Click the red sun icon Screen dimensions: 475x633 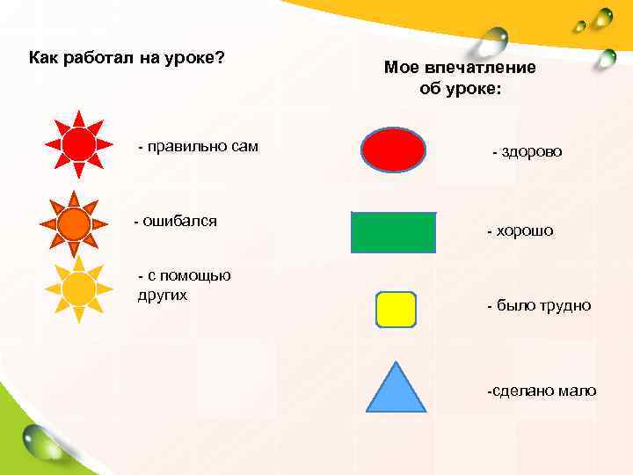click(78, 144)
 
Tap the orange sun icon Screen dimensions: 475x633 click(75, 223)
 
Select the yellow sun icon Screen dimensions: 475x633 click(79, 287)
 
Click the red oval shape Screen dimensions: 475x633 click(394, 149)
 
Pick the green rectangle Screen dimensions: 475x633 click(393, 233)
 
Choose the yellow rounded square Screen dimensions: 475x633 click(395, 310)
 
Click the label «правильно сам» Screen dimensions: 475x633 click(203, 146)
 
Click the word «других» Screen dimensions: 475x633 click(163, 295)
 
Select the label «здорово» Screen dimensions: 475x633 click(533, 152)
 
